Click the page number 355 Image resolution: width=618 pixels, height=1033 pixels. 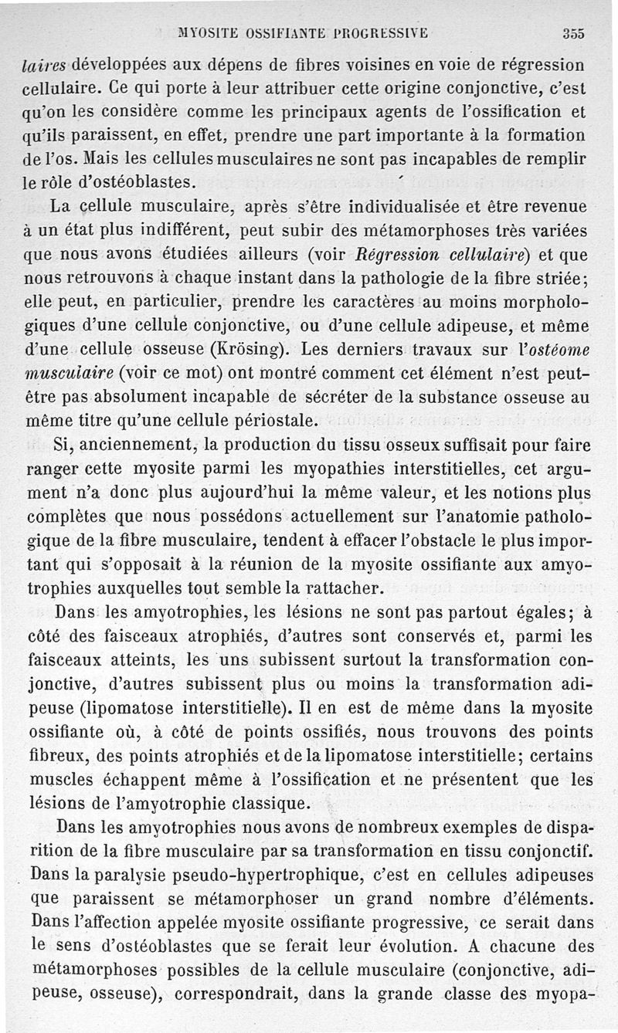[573, 33]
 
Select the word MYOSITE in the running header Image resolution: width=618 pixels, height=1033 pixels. [207, 33]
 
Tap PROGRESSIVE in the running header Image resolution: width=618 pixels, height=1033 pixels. [382, 33]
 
